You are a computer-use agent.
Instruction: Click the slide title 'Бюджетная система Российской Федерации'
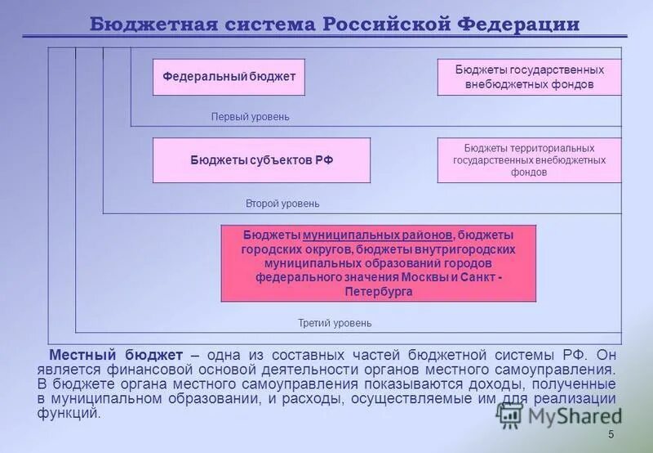334,24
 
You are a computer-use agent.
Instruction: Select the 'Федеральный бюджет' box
229,77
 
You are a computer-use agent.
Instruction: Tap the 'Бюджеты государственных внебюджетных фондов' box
529,77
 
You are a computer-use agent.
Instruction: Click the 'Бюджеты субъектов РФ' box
261,160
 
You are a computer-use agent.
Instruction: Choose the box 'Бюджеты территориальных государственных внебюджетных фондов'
529,160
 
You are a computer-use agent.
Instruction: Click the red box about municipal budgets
378,263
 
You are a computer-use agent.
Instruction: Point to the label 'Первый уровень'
250,117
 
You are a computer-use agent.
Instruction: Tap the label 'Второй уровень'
282,203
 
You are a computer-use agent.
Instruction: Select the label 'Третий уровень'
335,323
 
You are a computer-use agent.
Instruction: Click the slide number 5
611,435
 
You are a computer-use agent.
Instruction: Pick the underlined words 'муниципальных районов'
377,235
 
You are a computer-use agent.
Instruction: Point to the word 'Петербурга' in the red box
378,291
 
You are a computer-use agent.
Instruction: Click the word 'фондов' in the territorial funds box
529,173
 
